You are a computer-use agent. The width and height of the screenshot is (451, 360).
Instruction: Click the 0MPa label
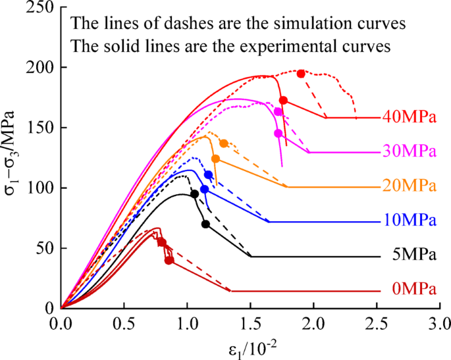pyautogui.click(x=413, y=290)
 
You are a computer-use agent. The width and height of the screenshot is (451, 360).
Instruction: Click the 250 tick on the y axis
pyautogui.click(x=43, y=7)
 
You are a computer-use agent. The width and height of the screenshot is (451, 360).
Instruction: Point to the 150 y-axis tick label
pyautogui.click(x=43, y=128)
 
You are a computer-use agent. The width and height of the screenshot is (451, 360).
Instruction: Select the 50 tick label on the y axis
pyautogui.click(x=47, y=248)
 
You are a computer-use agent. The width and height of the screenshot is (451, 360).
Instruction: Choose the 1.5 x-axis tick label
pyautogui.click(x=250, y=324)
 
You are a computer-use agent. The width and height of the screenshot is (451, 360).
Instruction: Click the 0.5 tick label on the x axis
pyautogui.click(x=124, y=324)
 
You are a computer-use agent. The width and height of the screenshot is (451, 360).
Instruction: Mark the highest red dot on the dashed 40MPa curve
pyautogui.click(x=301, y=74)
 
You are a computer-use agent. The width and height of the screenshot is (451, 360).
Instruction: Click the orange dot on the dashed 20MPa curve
pyautogui.click(x=224, y=143)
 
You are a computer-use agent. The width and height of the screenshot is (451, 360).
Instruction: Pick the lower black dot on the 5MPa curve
pyautogui.click(x=205, y=224)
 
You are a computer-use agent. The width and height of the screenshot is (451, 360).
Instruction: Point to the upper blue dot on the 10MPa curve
pyautogui.click(x=209, y=174)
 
